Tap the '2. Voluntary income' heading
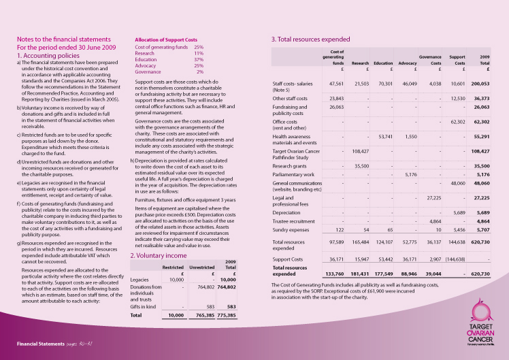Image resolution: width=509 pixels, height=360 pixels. point(159,255)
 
